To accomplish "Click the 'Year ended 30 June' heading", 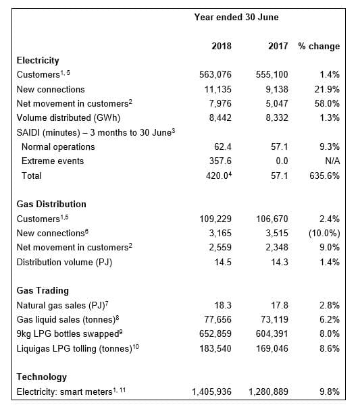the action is tap(236, 17).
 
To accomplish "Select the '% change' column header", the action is tap(319, 47).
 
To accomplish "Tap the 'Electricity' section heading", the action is tap(38, 61).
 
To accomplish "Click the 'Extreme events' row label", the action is tap(53, 161).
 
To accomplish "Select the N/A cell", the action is tap(331, 161).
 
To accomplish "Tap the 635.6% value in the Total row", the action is tap(326, 175).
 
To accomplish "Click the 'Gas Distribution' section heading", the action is tap(51, 204).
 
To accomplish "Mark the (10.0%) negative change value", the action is tap(323, 233).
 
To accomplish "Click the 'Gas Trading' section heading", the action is tap(43, 290).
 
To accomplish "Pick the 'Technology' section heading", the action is tap(41, 377).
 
